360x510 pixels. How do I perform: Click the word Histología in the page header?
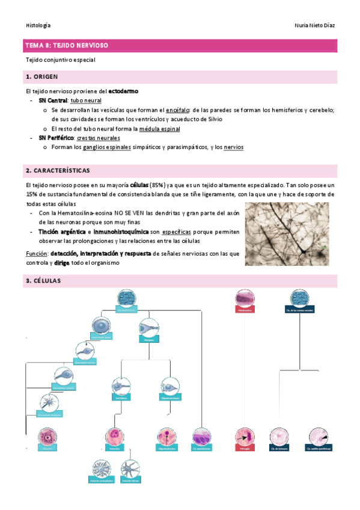(38, 25)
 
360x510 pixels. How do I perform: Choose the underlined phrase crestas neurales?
(99, 138)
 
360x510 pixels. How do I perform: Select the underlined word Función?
(36, 254)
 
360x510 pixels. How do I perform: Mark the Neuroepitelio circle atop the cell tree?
(127, 297)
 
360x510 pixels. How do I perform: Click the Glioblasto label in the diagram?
(149, 339)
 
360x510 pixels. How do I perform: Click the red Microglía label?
(244, 448)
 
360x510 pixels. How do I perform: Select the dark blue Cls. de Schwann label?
(278, 448)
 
